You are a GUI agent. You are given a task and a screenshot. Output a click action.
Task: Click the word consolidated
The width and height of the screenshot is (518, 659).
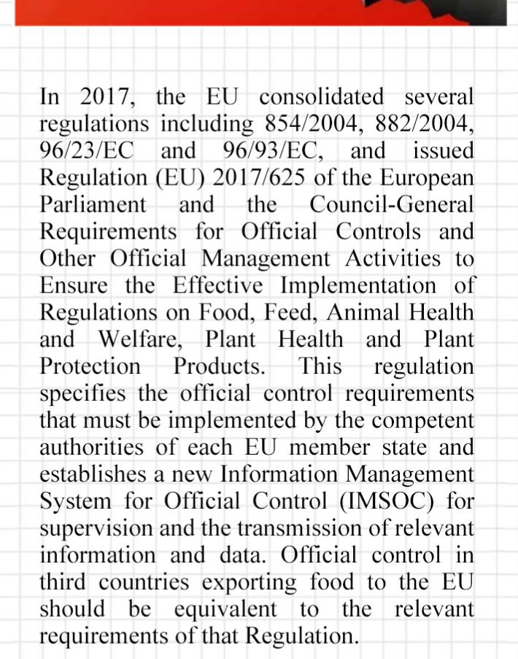(x=322, y=97)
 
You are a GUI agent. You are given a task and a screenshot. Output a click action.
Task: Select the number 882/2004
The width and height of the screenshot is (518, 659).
(x=424, y=124)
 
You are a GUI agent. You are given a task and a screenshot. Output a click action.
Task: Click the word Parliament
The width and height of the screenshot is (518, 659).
(x=93, y=204)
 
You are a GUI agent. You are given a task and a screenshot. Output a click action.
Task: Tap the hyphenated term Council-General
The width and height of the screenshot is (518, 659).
(x=391, y=204)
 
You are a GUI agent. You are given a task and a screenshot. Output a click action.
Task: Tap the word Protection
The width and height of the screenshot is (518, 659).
(x=90, y=366)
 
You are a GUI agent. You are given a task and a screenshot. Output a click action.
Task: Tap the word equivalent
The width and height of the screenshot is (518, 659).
(x=225, y=609)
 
